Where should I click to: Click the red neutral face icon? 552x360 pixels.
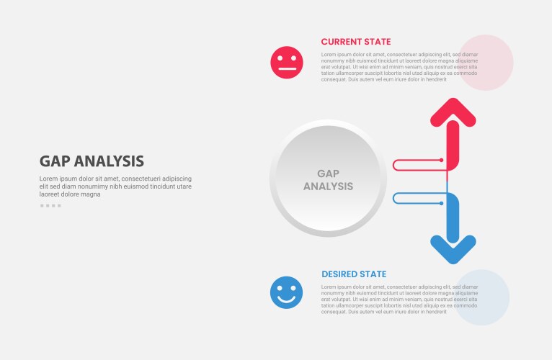(286, 63)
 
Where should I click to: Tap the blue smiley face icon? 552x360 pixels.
(286, 292)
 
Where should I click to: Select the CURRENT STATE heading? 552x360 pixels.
(356, 42)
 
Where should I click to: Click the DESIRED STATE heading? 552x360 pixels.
(354, 274)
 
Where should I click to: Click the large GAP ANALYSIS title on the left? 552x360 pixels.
(92, 161)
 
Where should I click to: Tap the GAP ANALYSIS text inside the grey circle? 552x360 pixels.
(328, 179)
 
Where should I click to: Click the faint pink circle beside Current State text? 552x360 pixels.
(486, 63)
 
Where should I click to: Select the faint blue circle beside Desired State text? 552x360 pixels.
(483, 297)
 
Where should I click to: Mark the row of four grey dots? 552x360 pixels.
(50, 206)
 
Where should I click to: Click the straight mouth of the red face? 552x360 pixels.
(286, 70)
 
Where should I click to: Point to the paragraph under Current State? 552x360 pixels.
(399, 67)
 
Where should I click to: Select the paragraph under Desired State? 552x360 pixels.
(399, 299)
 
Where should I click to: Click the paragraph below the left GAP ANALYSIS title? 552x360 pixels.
(115, 186)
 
